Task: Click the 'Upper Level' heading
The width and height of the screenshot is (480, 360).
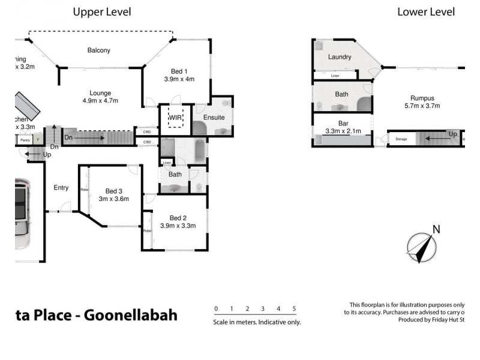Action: (x=102, y=11)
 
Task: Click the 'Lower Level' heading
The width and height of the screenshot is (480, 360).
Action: (x=426, y=11)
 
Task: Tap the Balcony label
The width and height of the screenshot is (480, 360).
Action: (x=98, y=50)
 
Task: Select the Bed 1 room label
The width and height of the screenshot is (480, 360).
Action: (x=179, y=71)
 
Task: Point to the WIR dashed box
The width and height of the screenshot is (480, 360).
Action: (x=175, y=118)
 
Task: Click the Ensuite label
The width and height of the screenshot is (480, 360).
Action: (x=214, y=118)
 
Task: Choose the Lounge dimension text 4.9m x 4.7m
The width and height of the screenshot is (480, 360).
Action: (x=100, y=102)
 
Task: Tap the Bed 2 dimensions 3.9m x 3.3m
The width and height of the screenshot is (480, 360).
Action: (x=178, y=226)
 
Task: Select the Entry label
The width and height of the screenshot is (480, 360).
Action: (x=61, y=188)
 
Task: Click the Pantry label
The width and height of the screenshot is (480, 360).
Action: (x=25, y=140)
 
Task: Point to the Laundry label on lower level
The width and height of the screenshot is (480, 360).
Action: (x=339, y=58)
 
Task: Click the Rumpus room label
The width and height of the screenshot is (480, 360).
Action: (x=422, y=98)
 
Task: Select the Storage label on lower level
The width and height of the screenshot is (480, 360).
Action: (x=400, y=140)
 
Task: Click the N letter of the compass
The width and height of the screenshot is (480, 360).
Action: (x=437, y=229)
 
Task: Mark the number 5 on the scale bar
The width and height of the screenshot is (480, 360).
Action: (x=294, y=309)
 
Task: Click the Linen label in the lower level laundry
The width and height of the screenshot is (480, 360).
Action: (x=335, y=76)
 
